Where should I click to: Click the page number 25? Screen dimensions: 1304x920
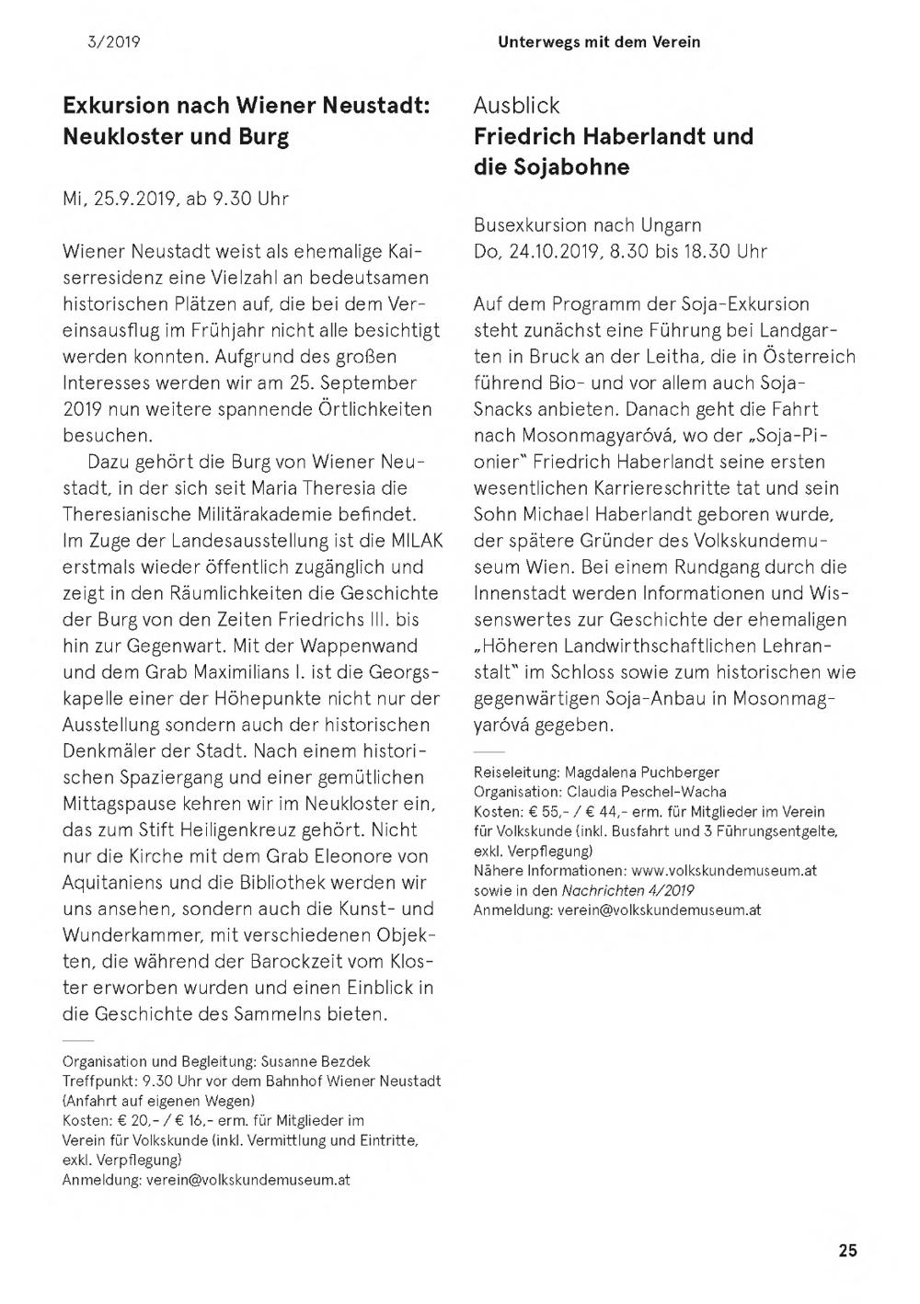pyautogui.click(x=847, y=1250)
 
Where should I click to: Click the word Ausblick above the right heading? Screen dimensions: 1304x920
pyautogui.click(x=516, y=106)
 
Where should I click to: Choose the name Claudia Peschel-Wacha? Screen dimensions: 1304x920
pyautogui.click(x=646, y=792)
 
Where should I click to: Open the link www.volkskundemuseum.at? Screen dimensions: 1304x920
pyautogui.click(x=724, y=870)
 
